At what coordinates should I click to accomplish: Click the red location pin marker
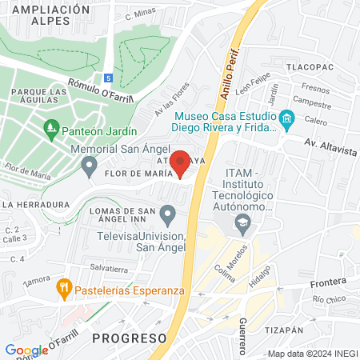[x=180, y=162]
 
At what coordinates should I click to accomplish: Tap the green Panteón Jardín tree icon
[x=51, y=127]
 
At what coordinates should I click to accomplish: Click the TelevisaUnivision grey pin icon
[x=167, y=214]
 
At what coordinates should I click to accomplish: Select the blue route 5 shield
[x=108, y=78]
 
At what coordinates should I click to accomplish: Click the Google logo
[x=26, y=350]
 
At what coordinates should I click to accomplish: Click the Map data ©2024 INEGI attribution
[x=313, y=354]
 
